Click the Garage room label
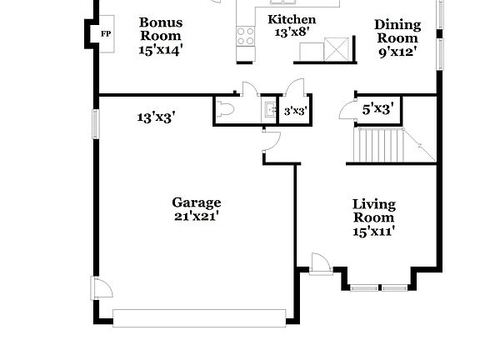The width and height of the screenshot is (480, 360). click(197, 202)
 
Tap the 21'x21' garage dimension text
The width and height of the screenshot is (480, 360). click(197, 217)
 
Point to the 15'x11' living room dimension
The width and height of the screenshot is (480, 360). click(373, 232)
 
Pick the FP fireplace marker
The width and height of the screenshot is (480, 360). click(106, 33)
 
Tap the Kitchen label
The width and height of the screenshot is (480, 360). click(292, 19)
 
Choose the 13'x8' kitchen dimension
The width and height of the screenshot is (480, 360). click(292, 32)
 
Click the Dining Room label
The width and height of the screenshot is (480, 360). click(397, 31)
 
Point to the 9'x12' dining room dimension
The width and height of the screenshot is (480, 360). click(397, 52)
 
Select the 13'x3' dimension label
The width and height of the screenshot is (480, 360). click(156, 117)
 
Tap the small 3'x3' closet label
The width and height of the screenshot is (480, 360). click(295, 110)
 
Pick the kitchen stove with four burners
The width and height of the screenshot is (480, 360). click(245, 35)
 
